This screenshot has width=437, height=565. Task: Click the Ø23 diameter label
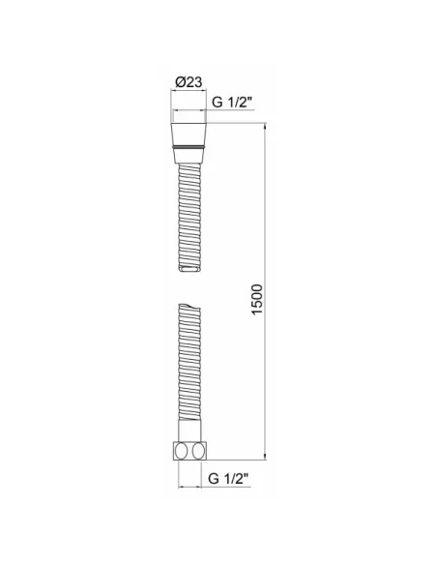189,82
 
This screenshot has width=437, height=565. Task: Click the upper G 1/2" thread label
231,103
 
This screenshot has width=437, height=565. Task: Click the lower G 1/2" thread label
228,479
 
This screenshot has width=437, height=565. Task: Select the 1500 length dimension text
257,300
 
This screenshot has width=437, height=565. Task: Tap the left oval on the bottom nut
181,451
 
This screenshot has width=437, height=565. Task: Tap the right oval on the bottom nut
198,451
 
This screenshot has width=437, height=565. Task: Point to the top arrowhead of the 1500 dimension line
265,126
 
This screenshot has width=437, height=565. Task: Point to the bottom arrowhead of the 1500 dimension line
265,457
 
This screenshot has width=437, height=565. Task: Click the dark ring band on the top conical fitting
189,147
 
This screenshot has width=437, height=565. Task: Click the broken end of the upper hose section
189,268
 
